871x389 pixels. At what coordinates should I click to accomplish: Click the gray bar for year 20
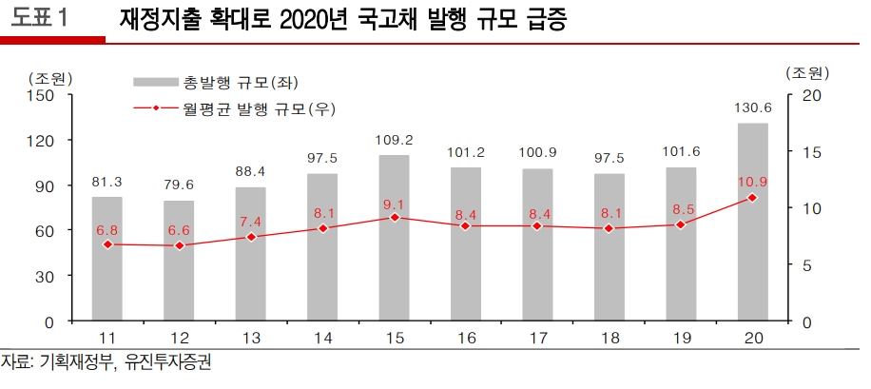tap(752, 223)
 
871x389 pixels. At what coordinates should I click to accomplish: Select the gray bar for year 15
tap(394, 238)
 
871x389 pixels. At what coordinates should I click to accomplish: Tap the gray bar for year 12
tap(178, 261)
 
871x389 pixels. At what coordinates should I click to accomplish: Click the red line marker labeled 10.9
tap(752, 198)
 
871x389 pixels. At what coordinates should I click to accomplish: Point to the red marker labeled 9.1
tap(394, 218)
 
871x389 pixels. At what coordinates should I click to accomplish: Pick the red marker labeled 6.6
tap(178, 245)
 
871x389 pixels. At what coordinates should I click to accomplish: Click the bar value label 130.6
tap(752, 108)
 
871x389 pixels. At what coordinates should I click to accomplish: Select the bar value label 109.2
tap(394, 140)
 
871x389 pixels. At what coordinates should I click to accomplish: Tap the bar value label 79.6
tap(178, 185)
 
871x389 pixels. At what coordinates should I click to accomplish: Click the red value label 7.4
tap(250, 221)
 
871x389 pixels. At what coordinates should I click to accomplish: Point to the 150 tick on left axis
tap(43, 95)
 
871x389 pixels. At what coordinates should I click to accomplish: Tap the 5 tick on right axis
tap(807, 265)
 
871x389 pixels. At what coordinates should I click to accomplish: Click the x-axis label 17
tap(537, 339)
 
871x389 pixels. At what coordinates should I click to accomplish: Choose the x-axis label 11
tap(106, 339)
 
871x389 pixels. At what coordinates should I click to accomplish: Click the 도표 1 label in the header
tap(40, 19)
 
